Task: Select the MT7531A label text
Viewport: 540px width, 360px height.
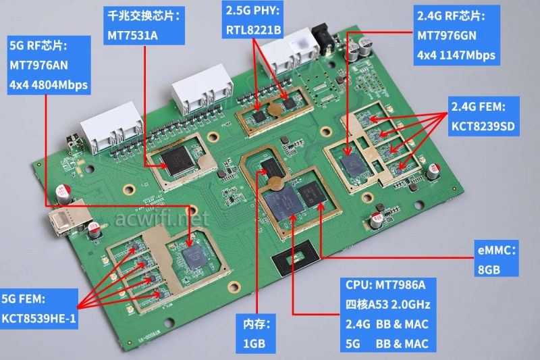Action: [x=132, y=35]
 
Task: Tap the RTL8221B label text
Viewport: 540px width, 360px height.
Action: [x=254, y=30]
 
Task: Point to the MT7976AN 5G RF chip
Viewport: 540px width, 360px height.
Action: [x=196, y=254]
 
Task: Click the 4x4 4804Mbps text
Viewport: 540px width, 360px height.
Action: [x=49, y=86]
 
